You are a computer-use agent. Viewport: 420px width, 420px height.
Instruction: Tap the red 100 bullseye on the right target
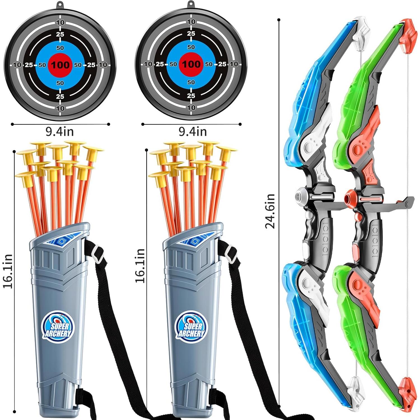(x=191, y=64)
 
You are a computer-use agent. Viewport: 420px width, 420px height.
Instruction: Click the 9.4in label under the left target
(x=60, y=132)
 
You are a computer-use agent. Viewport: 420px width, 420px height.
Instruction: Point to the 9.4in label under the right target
(x=193, y=131)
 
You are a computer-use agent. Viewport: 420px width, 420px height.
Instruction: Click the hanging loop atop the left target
(x=59, y=5)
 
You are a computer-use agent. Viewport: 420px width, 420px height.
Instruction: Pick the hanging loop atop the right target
(x=191, y=5)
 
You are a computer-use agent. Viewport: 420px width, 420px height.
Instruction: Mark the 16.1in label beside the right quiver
(x=140, y=266)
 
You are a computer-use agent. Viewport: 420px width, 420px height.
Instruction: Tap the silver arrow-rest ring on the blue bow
(x=300, y=195)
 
